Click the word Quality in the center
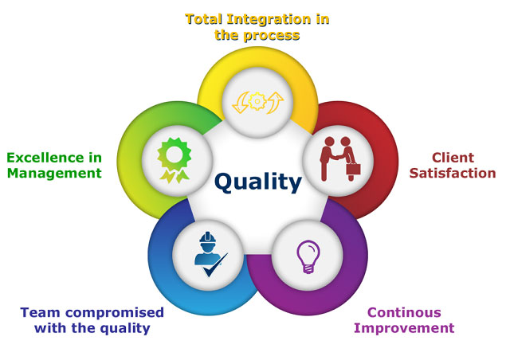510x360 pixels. coord(258,182)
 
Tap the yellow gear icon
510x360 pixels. coord(257,101)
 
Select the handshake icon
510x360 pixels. coord(340,158)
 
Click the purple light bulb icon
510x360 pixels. coord(308,256)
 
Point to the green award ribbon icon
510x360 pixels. coord(174,160)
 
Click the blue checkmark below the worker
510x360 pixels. coord(215,264)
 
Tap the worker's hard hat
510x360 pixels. coord(208,237)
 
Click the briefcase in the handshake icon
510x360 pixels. coord(353,169)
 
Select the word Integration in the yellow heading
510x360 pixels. coord(269,19)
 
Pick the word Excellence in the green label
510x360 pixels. coord(45,158)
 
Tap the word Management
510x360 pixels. coord(54,174)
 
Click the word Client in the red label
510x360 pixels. coord(453,158)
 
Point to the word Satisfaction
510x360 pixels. coord(453,173)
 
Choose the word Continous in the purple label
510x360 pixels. coord(404,312)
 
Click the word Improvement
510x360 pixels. coord(404,328)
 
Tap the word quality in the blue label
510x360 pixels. coord(124,328)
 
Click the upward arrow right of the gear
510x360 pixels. coord(275,103)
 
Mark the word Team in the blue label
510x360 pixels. coord(40,312)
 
